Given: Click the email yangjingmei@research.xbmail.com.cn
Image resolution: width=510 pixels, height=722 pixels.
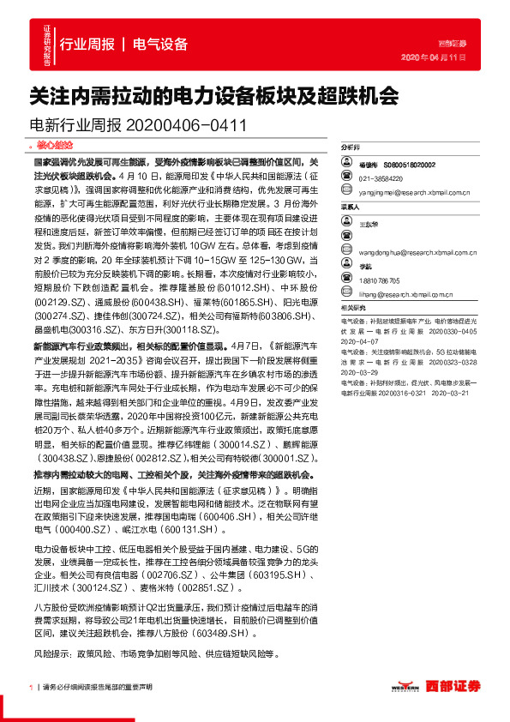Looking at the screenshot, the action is [x=411, y=192].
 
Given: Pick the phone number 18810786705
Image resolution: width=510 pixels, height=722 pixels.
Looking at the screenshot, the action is [x=380, y=280].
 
